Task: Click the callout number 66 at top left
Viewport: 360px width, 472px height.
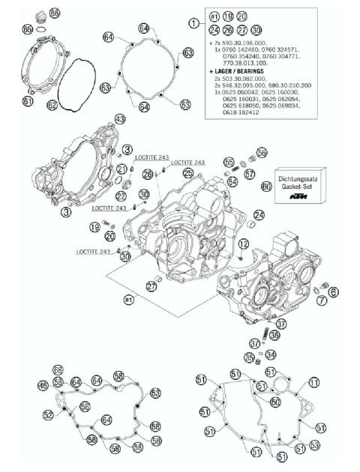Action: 54,14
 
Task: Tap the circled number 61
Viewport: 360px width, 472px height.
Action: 28,100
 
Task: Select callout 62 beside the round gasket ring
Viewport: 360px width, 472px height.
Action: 52,106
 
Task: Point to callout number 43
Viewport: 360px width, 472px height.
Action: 119,120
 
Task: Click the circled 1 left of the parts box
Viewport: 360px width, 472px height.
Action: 196,24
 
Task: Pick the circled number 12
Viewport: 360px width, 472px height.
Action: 243,244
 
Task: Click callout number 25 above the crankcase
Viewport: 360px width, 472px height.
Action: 187,173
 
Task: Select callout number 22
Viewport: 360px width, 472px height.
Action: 120,196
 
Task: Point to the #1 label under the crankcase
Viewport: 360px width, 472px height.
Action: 127,300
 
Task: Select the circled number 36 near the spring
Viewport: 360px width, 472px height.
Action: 274,336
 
